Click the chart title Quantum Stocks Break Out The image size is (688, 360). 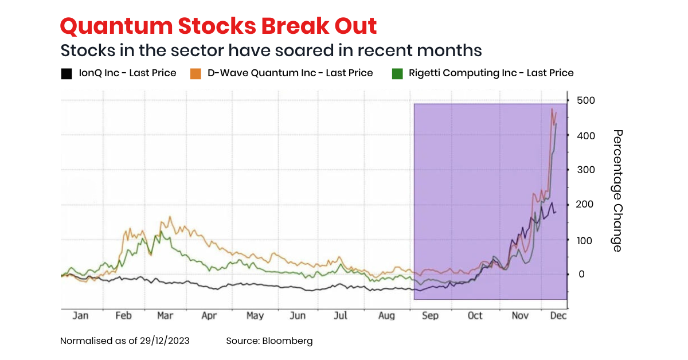[x=218, y=26]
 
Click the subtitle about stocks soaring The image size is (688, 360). [x=271, y=50]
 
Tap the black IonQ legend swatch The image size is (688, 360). [x=67, y=73]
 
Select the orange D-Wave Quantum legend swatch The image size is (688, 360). [x=196, y=73]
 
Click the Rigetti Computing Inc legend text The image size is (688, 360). [x=491, y=73]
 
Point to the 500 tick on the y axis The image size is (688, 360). [x=586, y=100]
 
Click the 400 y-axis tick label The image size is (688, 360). [x=586, y=135]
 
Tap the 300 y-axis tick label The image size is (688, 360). [x=586, y=170]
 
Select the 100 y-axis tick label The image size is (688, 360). [x=586, y=240]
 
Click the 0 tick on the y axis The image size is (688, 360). [x=581, y=275]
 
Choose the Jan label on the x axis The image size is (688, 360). [x=81, y=316]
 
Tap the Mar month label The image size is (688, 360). [x=165, y=316]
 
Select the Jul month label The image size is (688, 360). [x=341, y=316]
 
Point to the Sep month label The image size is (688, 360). [x=430, y=316]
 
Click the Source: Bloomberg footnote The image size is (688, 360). [x=269, y=341]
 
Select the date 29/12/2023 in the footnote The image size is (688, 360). [x=165, y=341]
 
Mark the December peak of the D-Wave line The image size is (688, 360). [x=552, y=109]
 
